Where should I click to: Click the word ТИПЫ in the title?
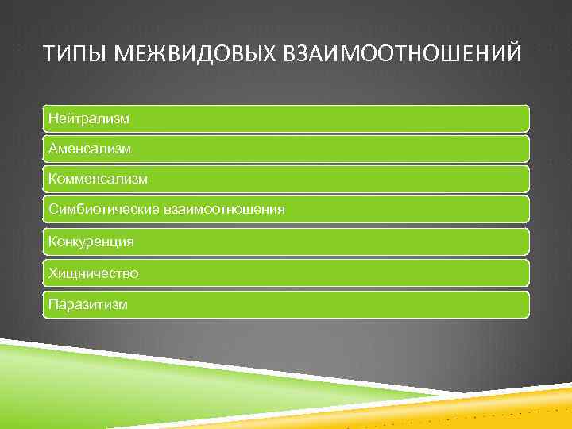[71, 54]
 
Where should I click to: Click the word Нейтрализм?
[89, 118]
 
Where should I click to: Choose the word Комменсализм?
[98, 180]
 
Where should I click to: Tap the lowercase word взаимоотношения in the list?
[224, 210]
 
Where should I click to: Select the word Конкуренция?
[91, 242]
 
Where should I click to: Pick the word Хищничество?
[93, 273]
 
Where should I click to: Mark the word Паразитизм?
[87, 304]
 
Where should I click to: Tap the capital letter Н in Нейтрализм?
[52, 118]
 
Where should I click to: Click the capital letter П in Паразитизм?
[52, 304]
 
